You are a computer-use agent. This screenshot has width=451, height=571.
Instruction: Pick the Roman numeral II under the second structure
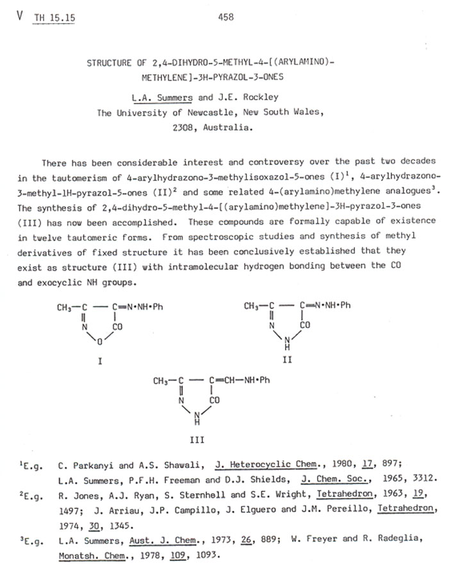coord(287,361)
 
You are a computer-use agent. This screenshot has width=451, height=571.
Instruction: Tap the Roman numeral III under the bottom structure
coord(197,440)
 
